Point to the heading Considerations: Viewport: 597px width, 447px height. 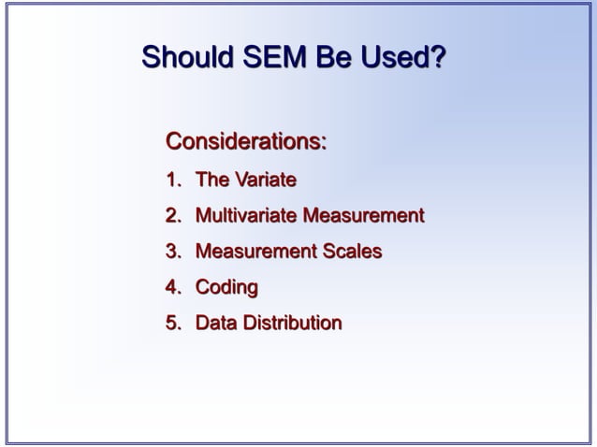(x=246, y=142)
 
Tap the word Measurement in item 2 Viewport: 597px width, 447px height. (x=364, y=216)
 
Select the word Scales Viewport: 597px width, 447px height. (x=352, y=252)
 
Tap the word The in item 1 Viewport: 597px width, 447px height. (x=212, y=180)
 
